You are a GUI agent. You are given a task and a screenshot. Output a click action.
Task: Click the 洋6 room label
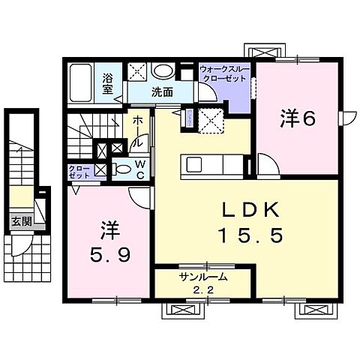297,118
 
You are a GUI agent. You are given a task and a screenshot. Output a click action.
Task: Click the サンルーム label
202,277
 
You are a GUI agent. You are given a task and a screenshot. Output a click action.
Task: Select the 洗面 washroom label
161,93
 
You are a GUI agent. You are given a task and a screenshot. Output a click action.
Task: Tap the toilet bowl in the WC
123,169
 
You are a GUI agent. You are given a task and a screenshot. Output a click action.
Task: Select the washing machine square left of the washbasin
136,72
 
